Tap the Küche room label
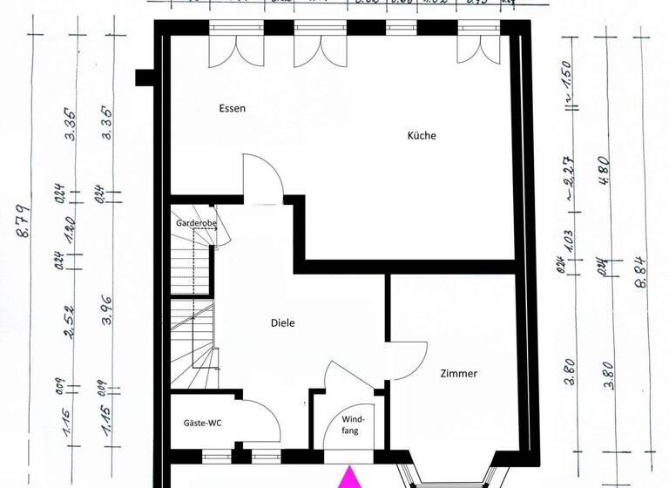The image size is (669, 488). (422, 136)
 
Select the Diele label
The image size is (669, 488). (282, 323)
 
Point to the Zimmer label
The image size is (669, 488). (458, 374)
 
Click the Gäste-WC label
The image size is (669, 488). (202, 424)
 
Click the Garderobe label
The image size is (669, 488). (196, 223)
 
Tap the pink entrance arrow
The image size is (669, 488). (349, 477)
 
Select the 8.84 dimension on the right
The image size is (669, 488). (645, 259)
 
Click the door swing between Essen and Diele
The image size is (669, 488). (264, 178)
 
